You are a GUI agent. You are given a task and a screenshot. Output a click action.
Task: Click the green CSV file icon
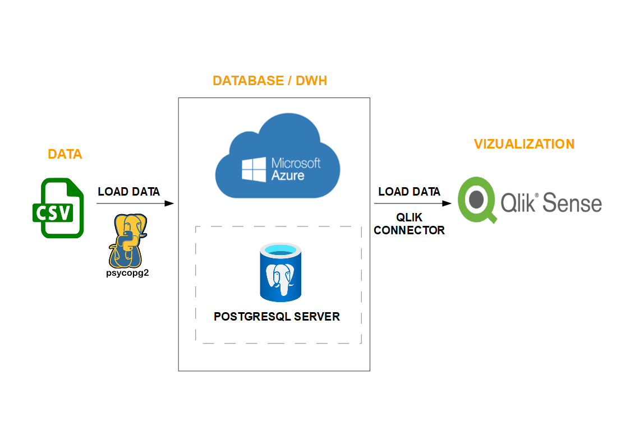[57, 208]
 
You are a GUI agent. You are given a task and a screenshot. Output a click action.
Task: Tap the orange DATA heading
[65, 154]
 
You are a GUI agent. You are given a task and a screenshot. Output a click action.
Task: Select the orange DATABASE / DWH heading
[270, 81]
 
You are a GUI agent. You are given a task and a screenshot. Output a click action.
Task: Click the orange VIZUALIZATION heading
[524, 144]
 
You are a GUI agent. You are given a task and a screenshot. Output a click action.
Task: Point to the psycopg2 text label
[127, 274]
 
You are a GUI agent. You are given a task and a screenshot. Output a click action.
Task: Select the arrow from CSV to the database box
[135, 203]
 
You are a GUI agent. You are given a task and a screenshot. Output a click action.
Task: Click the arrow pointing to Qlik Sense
[413, 203]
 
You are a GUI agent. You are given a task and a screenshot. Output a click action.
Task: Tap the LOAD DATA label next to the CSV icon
[129, 192]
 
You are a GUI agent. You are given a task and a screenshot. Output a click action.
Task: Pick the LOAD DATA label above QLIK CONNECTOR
[410, 192]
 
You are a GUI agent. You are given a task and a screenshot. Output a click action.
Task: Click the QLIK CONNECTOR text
[410, 224]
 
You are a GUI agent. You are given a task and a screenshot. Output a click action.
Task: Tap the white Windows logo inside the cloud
[254, 169]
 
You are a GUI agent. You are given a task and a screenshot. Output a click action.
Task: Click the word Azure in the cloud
[288, 175]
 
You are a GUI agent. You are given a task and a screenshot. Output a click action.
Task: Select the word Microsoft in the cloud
[296, 163]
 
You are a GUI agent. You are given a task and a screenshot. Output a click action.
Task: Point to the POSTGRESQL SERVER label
[277, 317]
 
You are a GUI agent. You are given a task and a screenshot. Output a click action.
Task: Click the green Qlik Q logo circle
[477, 199]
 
